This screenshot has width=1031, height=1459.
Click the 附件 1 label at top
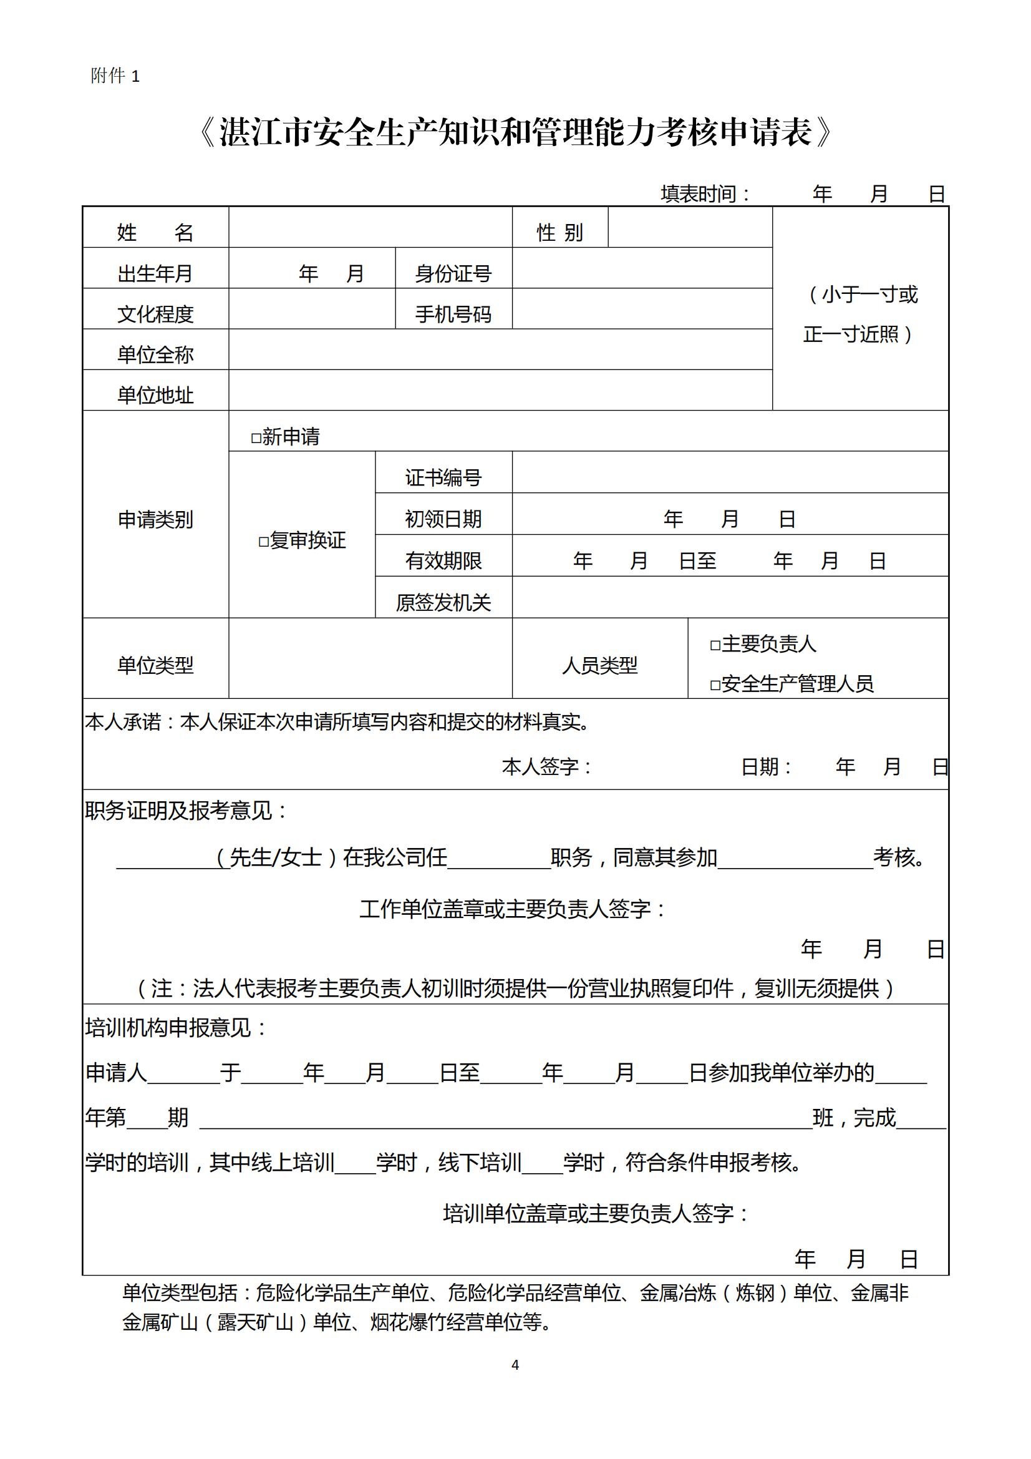click(115, 76)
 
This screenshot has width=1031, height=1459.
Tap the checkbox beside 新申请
click(256, 438)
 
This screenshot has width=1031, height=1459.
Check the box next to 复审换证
click(264, 542)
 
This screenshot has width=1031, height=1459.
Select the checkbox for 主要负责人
click(715, 646)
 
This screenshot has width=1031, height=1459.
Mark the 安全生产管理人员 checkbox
click(715, 685)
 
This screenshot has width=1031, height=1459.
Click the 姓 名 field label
click(155, 233)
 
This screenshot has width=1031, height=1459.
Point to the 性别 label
click(559, 233)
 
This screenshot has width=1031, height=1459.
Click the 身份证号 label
click(453, 273)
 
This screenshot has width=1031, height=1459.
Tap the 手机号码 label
click(453, 314)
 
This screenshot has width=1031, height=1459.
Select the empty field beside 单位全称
click(500, 349)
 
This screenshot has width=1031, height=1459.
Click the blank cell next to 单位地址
click(500, 390)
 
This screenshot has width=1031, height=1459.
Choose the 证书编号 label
click(443, 477)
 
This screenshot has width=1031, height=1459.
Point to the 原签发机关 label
click(443, 602)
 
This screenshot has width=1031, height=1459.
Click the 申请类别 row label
click(155, 519)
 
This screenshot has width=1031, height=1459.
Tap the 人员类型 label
click(599, 665)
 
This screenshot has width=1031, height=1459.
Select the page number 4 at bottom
click(515, 1364)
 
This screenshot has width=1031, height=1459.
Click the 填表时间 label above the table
click(705, 194)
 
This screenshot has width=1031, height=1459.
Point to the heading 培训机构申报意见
click(176, 1028)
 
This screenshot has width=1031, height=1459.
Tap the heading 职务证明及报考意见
click(186, 811)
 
